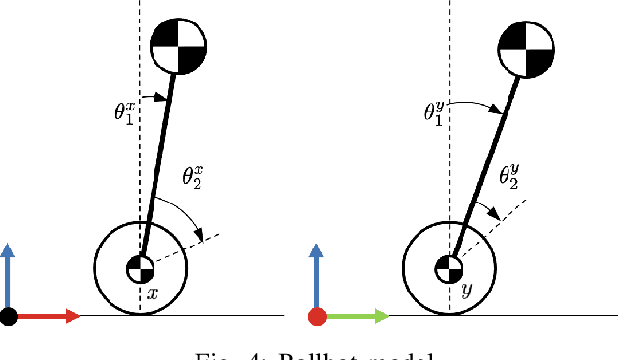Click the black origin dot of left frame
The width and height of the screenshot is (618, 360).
click(x=9, y=316)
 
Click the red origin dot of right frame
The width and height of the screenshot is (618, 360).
click(x=317, y=316)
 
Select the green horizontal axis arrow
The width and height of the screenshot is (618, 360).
click(x=355, y=316)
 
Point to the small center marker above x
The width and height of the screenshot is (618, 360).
click(x=141, y=268)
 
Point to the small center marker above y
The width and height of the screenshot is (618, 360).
click(x=449, y=268)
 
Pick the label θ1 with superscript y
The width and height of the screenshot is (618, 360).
click(x=435, y=110)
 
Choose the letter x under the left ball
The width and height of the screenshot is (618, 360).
click(x=152, y=292)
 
